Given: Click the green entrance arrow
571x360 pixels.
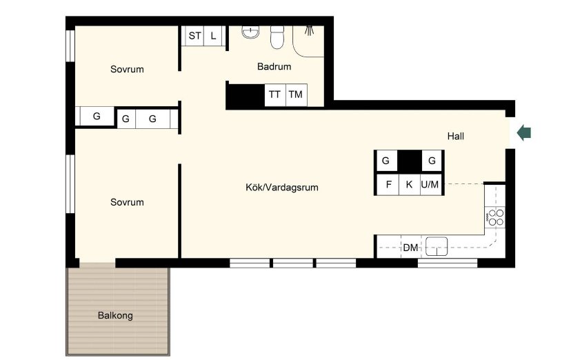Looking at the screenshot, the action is pyautogui.click(x=524, y=132).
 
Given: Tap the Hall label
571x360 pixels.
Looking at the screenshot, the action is pyautogui.click(x=456, y=136).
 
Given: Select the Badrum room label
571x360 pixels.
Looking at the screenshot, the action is pyautogui.click(x=274, y=67).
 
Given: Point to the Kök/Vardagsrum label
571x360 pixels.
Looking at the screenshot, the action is pyautogui.click(x=282, y=188).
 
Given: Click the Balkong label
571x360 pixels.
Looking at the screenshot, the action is pyautogui.click(x=115, y=315).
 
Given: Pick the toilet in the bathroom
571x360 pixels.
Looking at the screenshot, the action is pyautogui.click(x=277, y=37).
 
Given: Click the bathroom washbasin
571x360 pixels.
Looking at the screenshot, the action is pyautogui.click(x=250, y=32).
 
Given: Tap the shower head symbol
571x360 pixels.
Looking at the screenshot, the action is pyautogui.click(x=309, y=30).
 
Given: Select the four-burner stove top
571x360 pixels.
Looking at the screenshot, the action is pyautogui.click(x=495, y=217).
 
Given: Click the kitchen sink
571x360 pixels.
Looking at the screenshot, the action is pyautogui.click(x=437, y=246).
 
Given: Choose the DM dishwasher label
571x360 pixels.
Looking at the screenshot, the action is pyautogui.click(x=410, y=248).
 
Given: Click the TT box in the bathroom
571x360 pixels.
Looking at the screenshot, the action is pyautogui.click(x=275, y=95).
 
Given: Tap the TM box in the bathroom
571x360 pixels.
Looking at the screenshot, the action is pyautogui.click(x=296, y=95).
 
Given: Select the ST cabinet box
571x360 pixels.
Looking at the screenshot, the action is pyautogui.click(x=194, y=36).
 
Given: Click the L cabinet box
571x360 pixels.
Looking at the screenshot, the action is pyautogui.click(x=213, y=36).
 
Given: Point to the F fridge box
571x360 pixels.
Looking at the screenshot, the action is pyautogui.click(x=388, y=185).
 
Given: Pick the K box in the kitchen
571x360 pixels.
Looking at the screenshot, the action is pyautogui.click(x=410, y=185).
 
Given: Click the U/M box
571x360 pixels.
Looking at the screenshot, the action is pyautogui.click(x=430, y=185).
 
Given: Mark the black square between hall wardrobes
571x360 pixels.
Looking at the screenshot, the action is pyautogui.click(x=410, y=161).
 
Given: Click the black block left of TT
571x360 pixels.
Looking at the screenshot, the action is pyautogui.click(x=246, y=95).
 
